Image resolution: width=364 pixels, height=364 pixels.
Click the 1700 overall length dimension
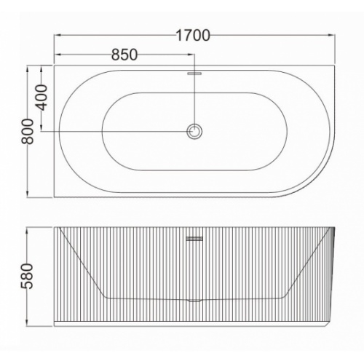(193, 36)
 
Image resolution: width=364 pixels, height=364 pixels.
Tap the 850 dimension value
(124, 55)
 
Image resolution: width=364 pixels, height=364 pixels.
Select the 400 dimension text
(41, 98)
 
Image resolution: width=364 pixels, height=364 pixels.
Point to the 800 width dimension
(28, 131)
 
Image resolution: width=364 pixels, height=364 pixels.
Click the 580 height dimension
(27, 276)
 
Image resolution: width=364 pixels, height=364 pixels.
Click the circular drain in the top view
(194, 131)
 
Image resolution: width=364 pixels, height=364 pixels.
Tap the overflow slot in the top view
(194, 73)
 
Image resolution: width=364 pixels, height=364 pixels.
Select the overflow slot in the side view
(194, 239)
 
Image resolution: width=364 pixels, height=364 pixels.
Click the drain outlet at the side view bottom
(194, 301)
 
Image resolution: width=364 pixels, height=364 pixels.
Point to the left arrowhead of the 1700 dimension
(58, 36)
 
